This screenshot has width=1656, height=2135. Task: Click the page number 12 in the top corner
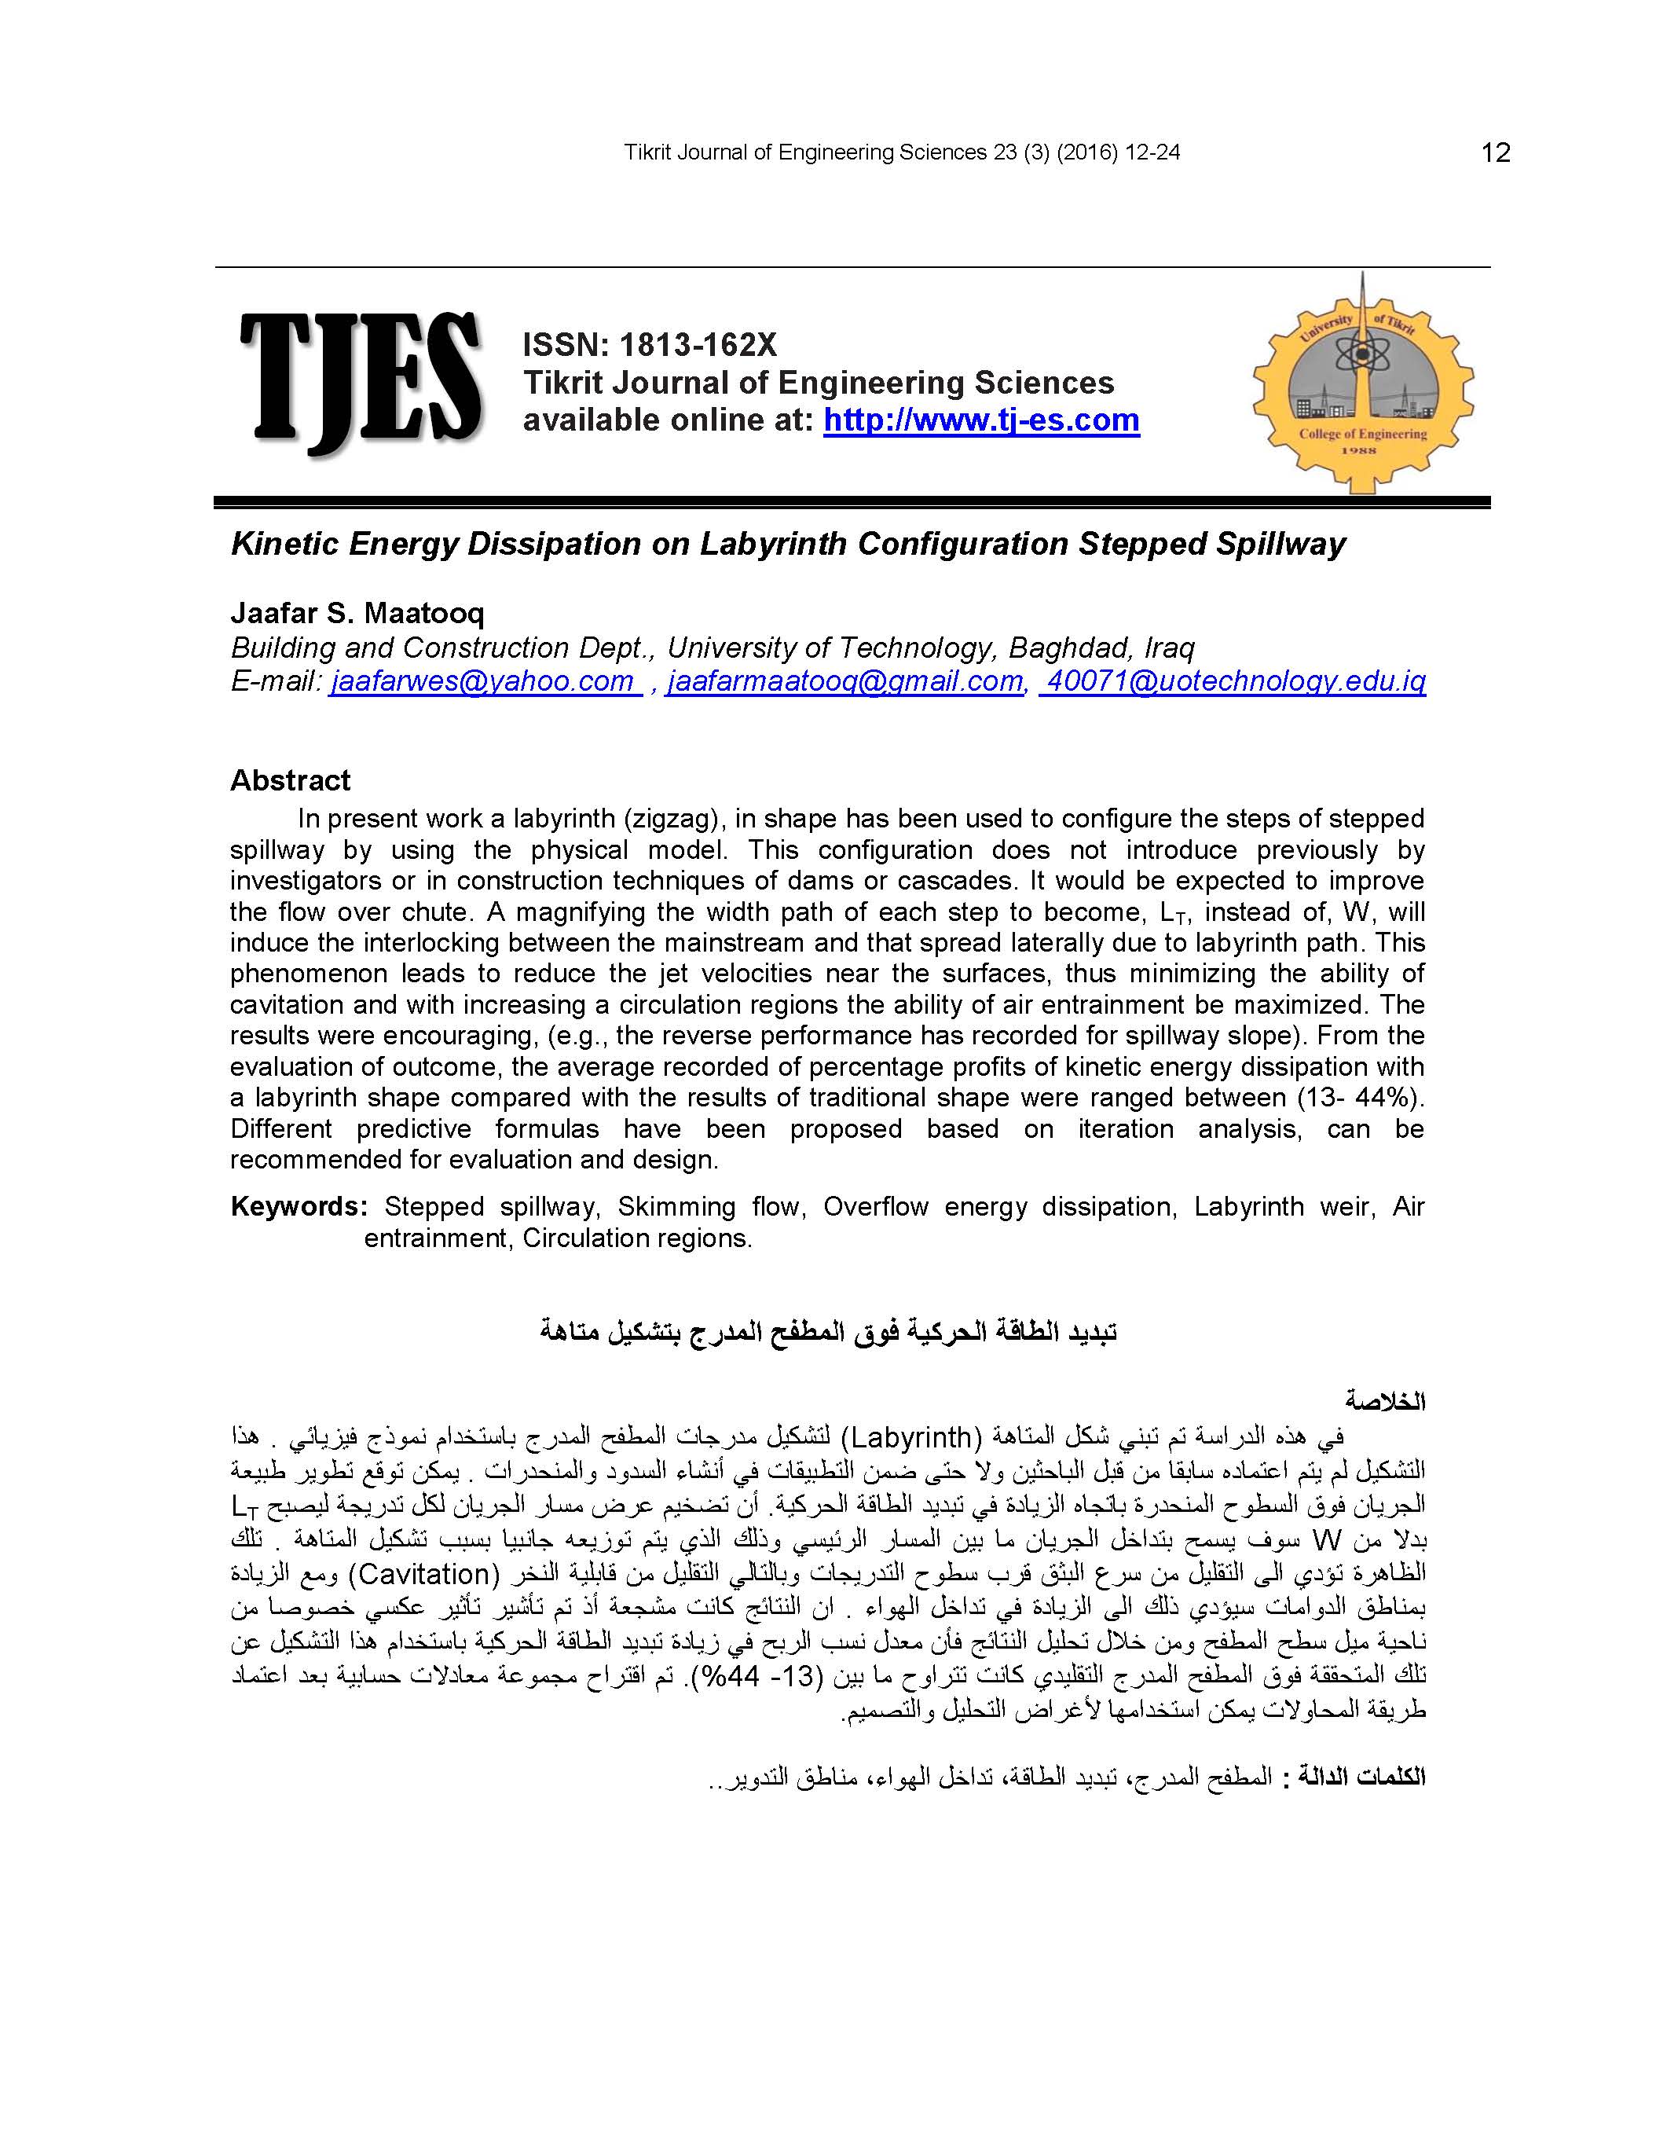[x=1496, y=152]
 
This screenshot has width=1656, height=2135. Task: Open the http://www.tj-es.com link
[x=980, y=420]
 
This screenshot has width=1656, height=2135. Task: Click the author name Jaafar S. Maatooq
[x=357, y=613]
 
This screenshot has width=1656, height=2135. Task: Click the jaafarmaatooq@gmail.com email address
[x=844, y=681]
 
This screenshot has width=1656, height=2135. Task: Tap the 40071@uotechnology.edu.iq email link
[x=1233, y=681]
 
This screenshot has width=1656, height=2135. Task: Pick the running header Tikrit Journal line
[x=901, y=152]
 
